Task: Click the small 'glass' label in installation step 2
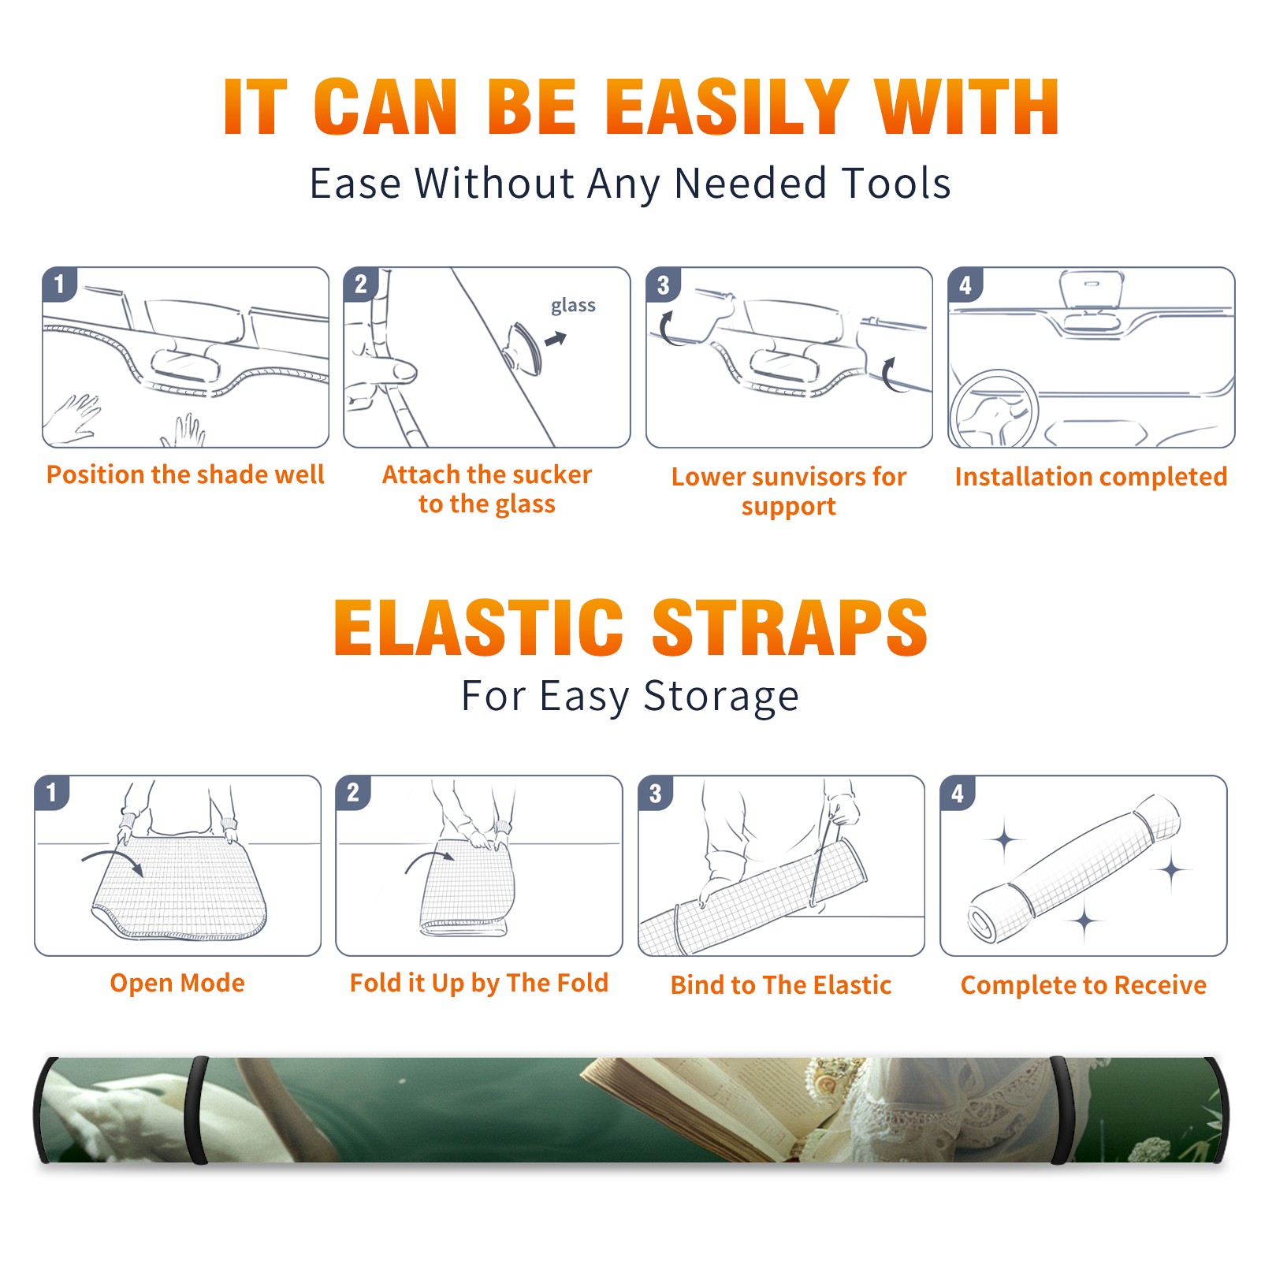(x=573, y=305)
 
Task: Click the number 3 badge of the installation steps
(x=663, y=285)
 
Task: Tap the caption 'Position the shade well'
(x=185, y=474)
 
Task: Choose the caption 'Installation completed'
(x=1091, y=476)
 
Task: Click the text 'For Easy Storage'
(x=630, y=696)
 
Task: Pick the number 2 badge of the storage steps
(x=353, y=793)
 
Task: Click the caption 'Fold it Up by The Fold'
(x=479, y=983)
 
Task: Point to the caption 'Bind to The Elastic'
(x=781, y=985)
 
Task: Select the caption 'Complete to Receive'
(x=1084, y=985)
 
